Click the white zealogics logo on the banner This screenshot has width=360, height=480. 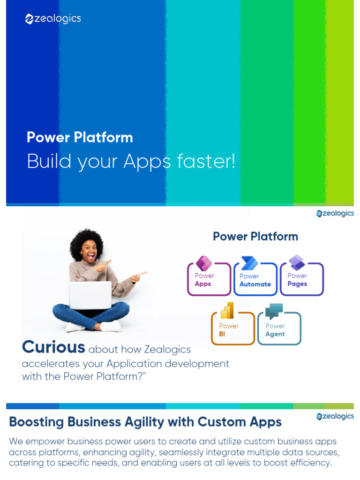tap(53, 19)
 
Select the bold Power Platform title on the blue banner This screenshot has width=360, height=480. tap(80, 137)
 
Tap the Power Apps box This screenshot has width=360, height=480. tap(209, 280)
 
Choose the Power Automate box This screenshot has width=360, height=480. tap(255, 280)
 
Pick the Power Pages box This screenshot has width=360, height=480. tap(301, 280)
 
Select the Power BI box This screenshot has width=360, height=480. tap(232, 330)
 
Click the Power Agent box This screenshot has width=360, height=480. tap(279, 330)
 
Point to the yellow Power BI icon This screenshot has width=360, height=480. tap(227, 310)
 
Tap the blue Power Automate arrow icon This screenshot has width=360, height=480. tap(249, 263)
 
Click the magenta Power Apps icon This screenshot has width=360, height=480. tap(204, 263)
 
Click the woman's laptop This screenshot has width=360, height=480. tap(90, 295)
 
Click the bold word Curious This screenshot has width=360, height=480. tap(53, 347)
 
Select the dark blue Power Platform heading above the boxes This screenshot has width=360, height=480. tap(255, 236)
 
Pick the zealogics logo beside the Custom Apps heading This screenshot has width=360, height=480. tap(335, 416)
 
